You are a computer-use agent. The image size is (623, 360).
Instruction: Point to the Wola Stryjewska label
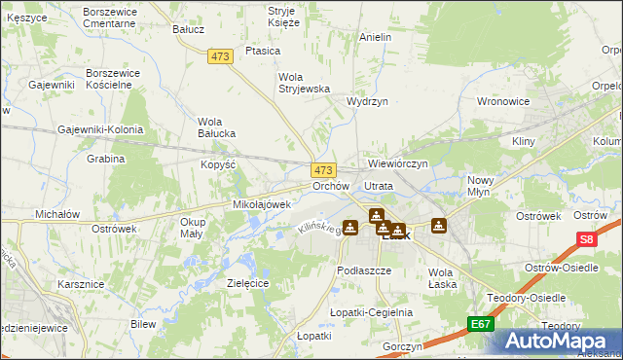305,82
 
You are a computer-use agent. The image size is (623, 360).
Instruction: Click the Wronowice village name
502,100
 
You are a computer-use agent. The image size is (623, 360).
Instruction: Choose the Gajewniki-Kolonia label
100,129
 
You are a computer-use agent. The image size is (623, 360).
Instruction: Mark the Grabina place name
106,158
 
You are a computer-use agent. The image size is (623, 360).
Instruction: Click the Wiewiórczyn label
398,163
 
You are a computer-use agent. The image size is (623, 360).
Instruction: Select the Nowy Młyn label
481,186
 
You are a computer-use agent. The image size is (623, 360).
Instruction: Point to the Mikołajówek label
262,204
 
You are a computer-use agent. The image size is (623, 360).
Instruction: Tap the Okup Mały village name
193,228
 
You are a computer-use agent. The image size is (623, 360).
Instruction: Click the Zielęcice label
247,282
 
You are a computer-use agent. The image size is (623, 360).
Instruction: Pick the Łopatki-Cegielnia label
372,312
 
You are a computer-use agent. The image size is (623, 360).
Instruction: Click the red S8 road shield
585,239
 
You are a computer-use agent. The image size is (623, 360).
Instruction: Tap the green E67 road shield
480,323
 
